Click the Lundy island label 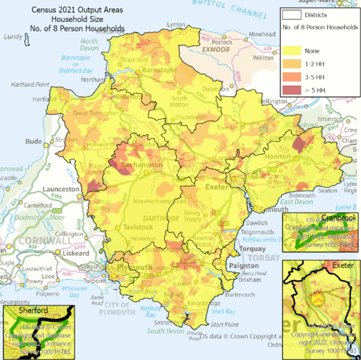[13, 37]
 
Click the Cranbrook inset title [338, 217]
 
